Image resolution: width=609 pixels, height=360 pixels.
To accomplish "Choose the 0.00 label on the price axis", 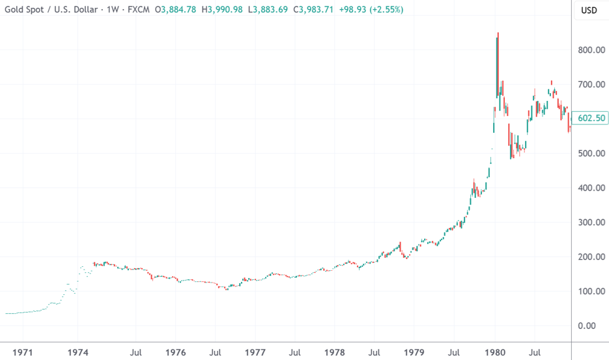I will tap(593, 326).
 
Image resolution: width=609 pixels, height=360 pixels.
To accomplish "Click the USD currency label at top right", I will tap(589, 10).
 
